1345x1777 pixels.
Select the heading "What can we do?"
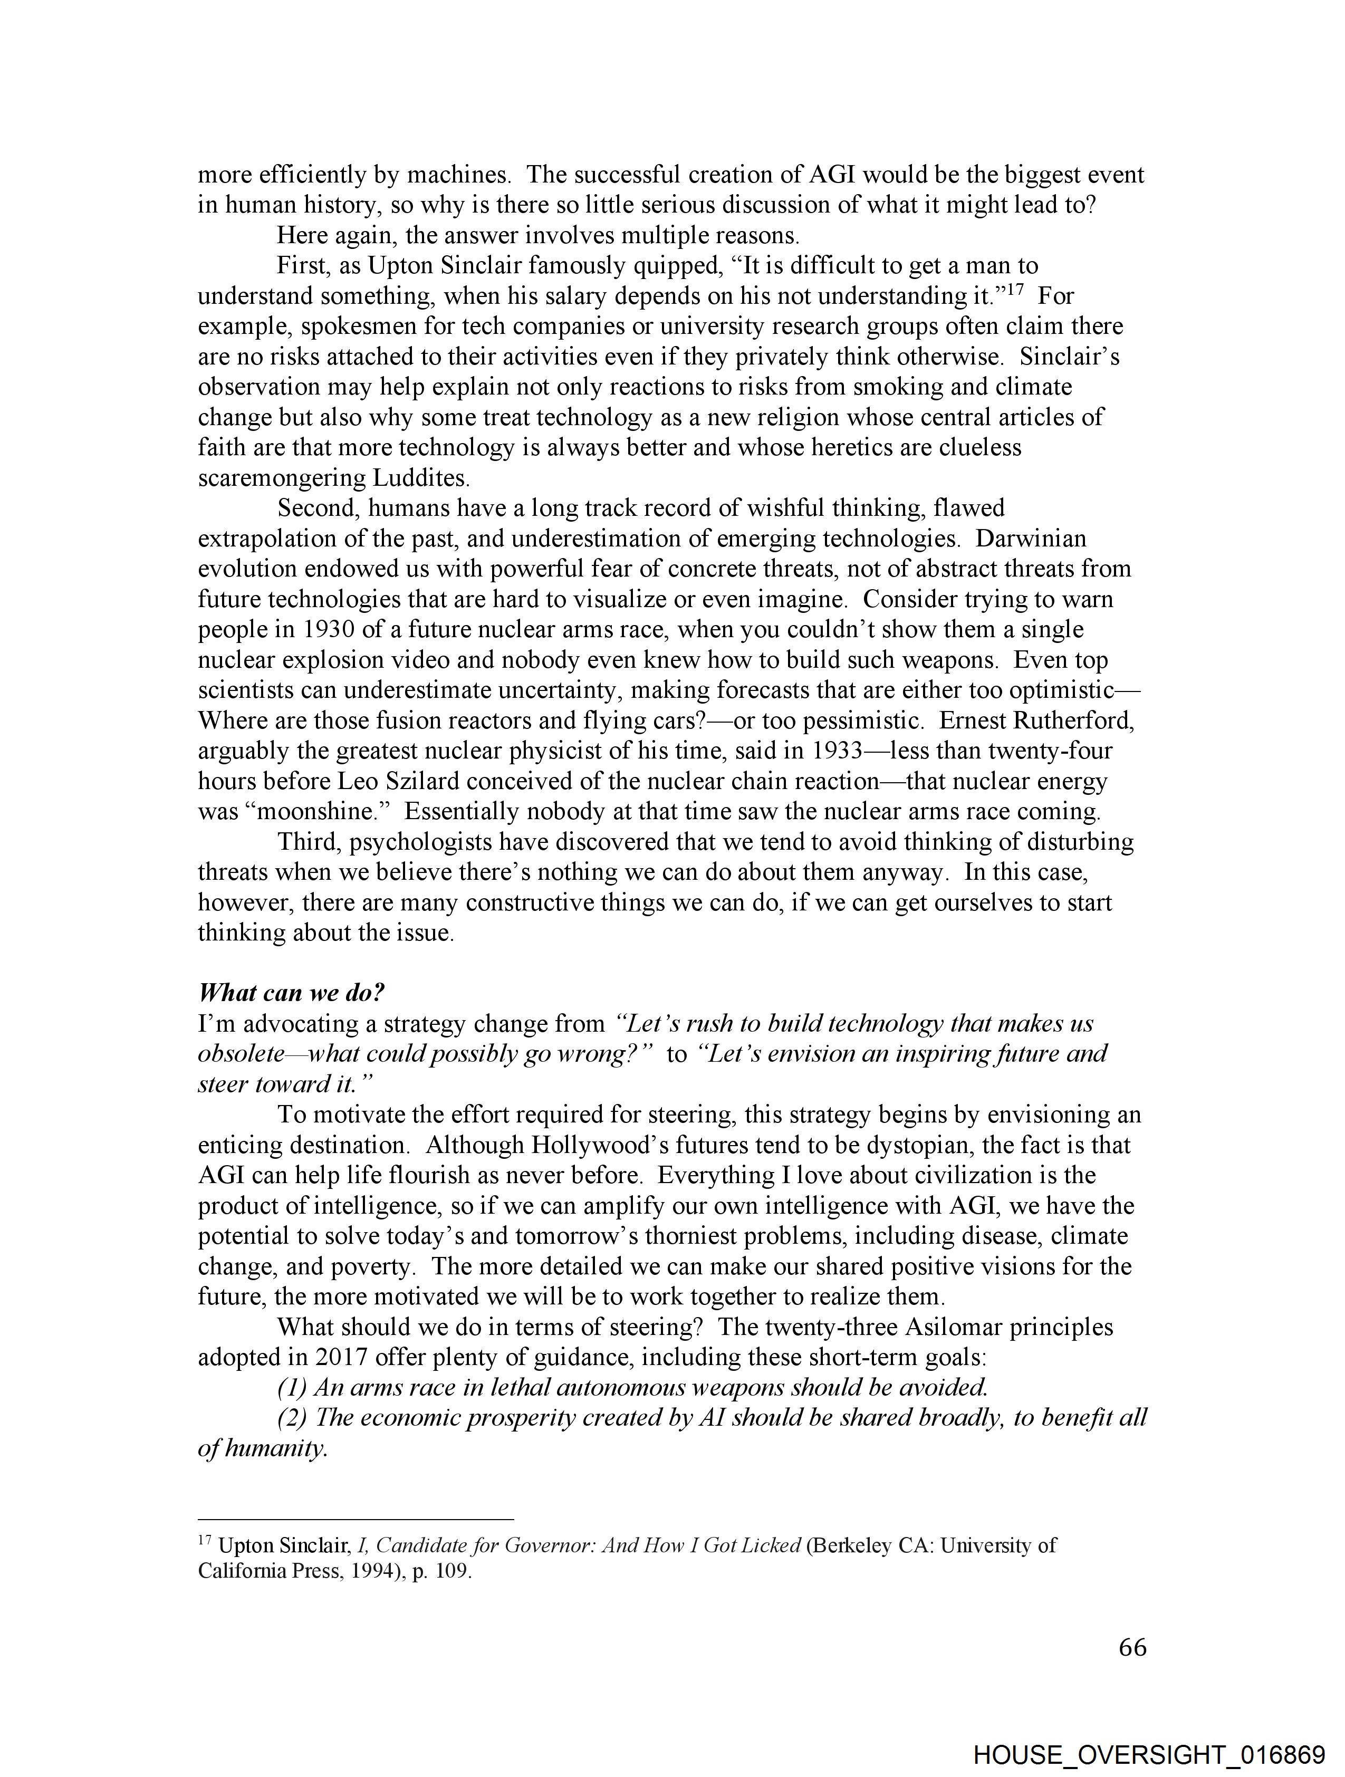coord(291,992)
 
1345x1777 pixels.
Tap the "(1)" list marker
coord(292,1387)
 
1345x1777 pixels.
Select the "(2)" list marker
coord(292,1417)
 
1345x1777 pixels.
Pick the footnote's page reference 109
coord(453,1571)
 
